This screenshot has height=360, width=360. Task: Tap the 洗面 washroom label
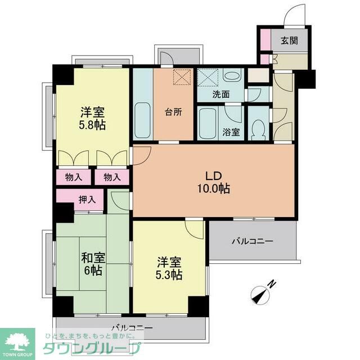point(221,94)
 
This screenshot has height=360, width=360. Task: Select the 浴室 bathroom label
point(231,133)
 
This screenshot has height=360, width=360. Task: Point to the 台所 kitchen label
point(173,111)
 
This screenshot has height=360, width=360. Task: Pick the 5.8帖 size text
point(93,125)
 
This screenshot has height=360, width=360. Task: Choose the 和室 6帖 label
point(93,264)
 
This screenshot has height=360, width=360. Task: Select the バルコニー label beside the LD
point(253,241)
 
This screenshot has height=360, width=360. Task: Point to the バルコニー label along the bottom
point(131,327)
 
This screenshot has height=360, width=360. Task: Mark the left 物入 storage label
point(74,177)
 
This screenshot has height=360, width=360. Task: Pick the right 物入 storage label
point(112,177)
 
